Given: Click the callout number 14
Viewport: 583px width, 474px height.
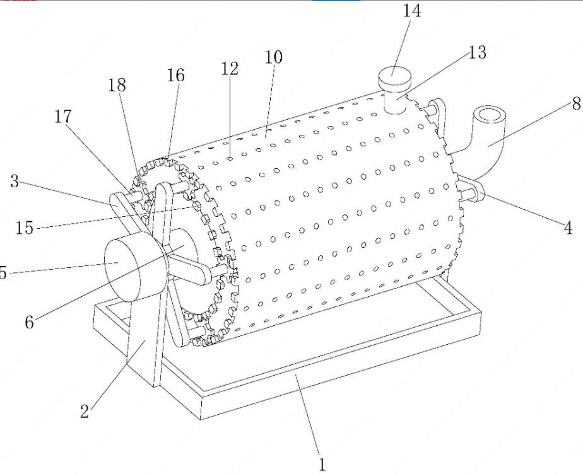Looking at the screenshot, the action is [412, 11].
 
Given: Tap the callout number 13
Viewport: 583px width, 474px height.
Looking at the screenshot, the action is [477, 52].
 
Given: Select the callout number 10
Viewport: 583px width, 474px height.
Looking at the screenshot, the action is [274, 57].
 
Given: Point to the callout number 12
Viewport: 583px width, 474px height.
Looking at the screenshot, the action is [230, 69].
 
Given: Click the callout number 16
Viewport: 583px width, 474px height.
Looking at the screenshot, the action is [175, 76].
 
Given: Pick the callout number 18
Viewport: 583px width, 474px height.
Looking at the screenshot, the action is [117, 85].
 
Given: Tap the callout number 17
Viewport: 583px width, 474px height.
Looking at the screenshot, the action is [63, 117].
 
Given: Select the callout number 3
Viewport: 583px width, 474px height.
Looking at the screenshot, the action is [15, 182].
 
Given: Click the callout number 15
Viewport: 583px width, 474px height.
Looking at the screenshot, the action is [25, 228].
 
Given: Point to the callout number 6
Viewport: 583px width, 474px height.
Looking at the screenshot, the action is [30, 322].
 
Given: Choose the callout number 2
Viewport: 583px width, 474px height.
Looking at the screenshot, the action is [85, 411].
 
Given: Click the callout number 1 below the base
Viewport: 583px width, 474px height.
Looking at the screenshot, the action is [322, 465].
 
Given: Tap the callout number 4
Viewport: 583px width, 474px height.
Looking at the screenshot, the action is [568, 228].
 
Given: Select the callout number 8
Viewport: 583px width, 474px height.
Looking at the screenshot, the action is [576, 103].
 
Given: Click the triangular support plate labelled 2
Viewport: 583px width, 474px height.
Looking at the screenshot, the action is [146, 334].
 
